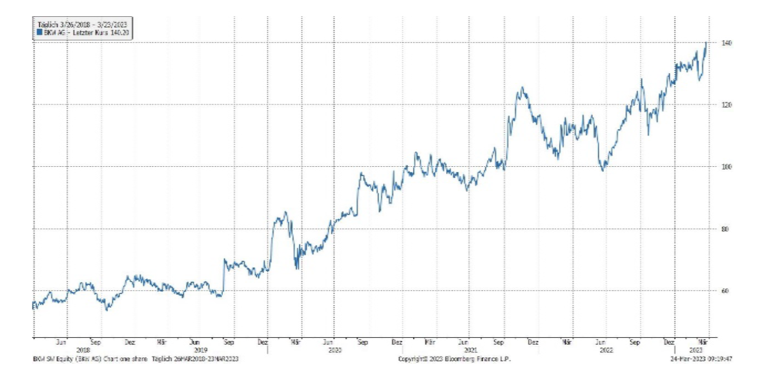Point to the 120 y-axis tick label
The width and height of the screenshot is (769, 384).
pos(727,104)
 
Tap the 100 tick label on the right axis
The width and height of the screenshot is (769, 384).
pos(727,167)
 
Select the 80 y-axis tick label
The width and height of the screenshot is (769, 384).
pos(726,229)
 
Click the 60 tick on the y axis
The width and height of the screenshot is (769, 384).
pos(726,291)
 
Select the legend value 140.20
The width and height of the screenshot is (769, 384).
pos(118,32)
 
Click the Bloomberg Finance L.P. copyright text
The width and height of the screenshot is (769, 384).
pos(454,359)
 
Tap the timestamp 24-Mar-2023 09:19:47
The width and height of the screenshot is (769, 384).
pos(700,359)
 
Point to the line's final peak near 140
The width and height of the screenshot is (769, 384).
pos(706,44)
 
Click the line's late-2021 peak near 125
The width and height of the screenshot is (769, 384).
pos(522,88)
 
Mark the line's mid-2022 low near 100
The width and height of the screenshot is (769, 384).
pos(604,170)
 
